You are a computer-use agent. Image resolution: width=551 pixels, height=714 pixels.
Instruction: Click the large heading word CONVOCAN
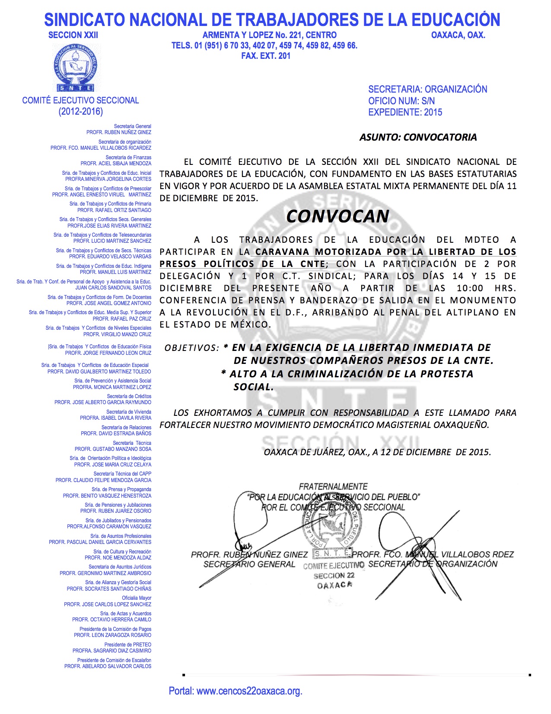338,216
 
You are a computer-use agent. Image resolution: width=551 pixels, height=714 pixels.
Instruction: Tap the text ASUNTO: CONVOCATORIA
418,137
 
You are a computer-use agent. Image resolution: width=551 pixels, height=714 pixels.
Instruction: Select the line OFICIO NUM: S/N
401,101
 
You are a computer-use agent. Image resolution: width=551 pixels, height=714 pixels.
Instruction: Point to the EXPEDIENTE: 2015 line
405,112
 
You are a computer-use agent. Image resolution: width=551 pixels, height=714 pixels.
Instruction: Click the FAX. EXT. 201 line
266,56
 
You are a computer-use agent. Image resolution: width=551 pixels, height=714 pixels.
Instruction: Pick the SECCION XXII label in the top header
73,35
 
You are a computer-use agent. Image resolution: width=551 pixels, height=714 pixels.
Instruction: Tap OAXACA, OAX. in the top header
458,35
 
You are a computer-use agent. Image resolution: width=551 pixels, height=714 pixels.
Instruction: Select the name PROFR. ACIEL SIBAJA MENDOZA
116,164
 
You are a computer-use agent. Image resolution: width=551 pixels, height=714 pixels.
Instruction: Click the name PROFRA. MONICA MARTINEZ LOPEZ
112,387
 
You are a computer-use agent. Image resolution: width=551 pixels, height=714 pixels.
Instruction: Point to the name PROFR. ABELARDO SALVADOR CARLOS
108,666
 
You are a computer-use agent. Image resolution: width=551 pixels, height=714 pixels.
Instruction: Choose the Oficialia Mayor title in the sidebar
137,598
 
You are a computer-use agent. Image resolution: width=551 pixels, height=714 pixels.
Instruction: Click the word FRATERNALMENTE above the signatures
333,486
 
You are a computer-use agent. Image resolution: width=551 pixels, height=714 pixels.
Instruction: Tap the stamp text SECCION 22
334,576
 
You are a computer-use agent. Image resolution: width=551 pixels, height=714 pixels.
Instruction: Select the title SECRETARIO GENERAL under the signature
249,564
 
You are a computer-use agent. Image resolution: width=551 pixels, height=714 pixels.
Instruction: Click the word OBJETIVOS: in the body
191,348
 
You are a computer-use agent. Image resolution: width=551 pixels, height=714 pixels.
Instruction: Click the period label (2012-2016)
81,112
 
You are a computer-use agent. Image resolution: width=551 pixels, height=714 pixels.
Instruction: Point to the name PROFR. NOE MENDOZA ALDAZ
118,558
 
